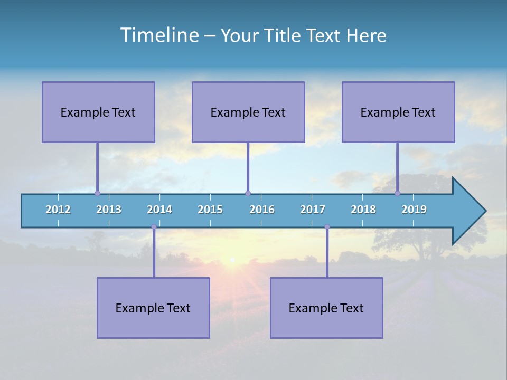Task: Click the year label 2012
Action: (x=58, y=210)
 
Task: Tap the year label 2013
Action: (x=109, y=210)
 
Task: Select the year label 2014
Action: (x=159, y=210)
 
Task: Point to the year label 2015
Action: (x=210, y=210)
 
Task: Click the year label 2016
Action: (x=262, y=210)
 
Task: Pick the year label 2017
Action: (x=313, y=210)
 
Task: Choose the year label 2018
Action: (x=363, y=210)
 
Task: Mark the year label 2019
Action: (x=414, y=210)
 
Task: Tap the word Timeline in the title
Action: (x=158, y=35)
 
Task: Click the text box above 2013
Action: (x=98, y=112)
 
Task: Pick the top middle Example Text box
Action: (x=248, y=112)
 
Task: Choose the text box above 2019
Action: (x=398, y=112)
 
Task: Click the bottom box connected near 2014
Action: (x=153, y=308)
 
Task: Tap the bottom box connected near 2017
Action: (x=326, y=308)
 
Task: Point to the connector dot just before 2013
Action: (x=97, y=193)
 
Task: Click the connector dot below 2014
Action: (x=154, y=227)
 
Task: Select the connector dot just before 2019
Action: (x=398, y=193)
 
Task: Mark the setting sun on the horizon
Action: (x=231, y=259)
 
